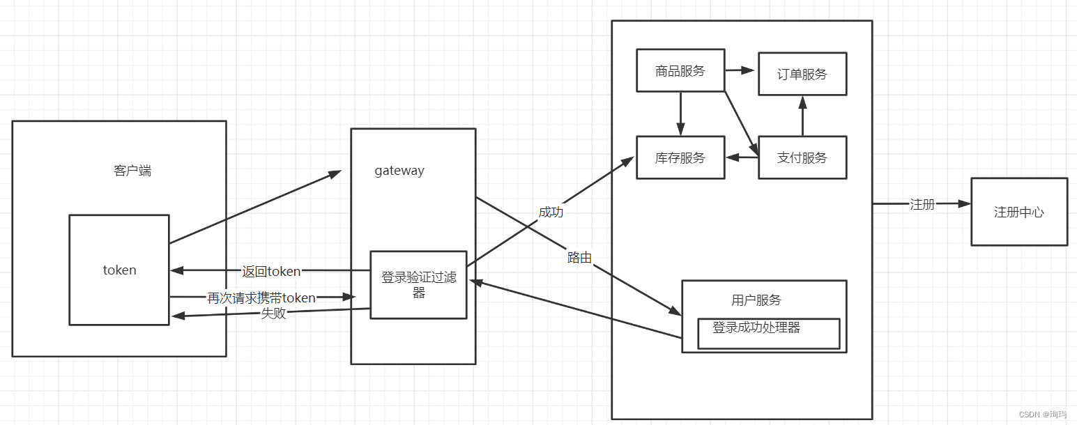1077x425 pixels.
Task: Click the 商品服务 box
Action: click(680, 70)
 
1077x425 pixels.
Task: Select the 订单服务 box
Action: click(802, 74)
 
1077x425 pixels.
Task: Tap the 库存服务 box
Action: click(680, 157)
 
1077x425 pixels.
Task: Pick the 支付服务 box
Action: click(802, 157)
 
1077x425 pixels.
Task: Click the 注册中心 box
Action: click(1019, 212)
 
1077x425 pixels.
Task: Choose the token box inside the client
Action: click(119, 270)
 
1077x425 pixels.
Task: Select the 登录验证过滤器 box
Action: click(418, 285)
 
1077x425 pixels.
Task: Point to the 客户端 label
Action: click(132, 171)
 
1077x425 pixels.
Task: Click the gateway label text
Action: click(399, 171)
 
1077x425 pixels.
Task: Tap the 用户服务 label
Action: click(756, 300)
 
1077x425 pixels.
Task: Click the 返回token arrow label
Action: click(271, 271)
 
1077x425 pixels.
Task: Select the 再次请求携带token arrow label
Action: click(261, 297)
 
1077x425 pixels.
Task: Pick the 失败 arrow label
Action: click(273, 314)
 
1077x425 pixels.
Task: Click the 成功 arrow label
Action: click(551, 212)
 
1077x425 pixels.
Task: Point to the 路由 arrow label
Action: click(579, 258)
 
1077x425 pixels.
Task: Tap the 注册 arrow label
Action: click(922, 204)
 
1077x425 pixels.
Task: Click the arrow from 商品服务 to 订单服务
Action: click(741, 70)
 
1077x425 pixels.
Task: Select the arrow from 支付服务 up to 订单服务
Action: click(802, 116)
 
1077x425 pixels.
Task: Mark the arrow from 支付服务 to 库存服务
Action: click(742, 157)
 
